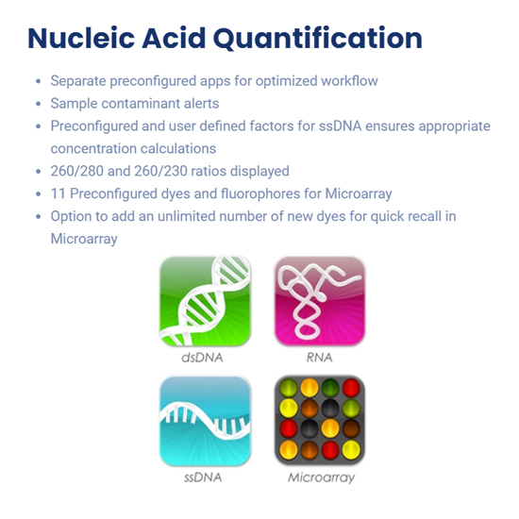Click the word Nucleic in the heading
[81, 38]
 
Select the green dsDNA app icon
[205, 301]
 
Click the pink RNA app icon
[320, 301]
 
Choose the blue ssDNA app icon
[205, 421]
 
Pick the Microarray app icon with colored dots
[320, 420]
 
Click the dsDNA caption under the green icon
[202, 358]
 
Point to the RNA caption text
[319, 358]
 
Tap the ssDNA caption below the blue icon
[203, 477]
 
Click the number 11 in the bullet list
[58, 193]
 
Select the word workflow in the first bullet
[349, 81]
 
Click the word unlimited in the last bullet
[186, 216]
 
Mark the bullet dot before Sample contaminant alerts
[39, 104]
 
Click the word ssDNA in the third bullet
[340, 126]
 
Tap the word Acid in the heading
[174, 38]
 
